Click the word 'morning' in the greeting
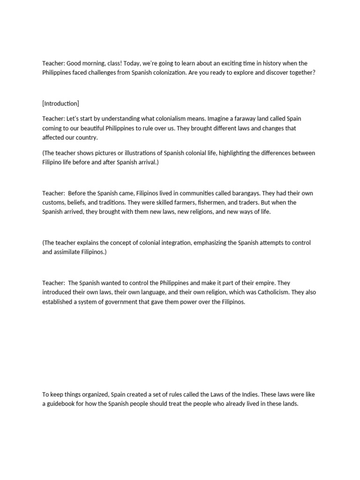(x=92, y=63)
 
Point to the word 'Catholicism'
(x=272, y=292)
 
